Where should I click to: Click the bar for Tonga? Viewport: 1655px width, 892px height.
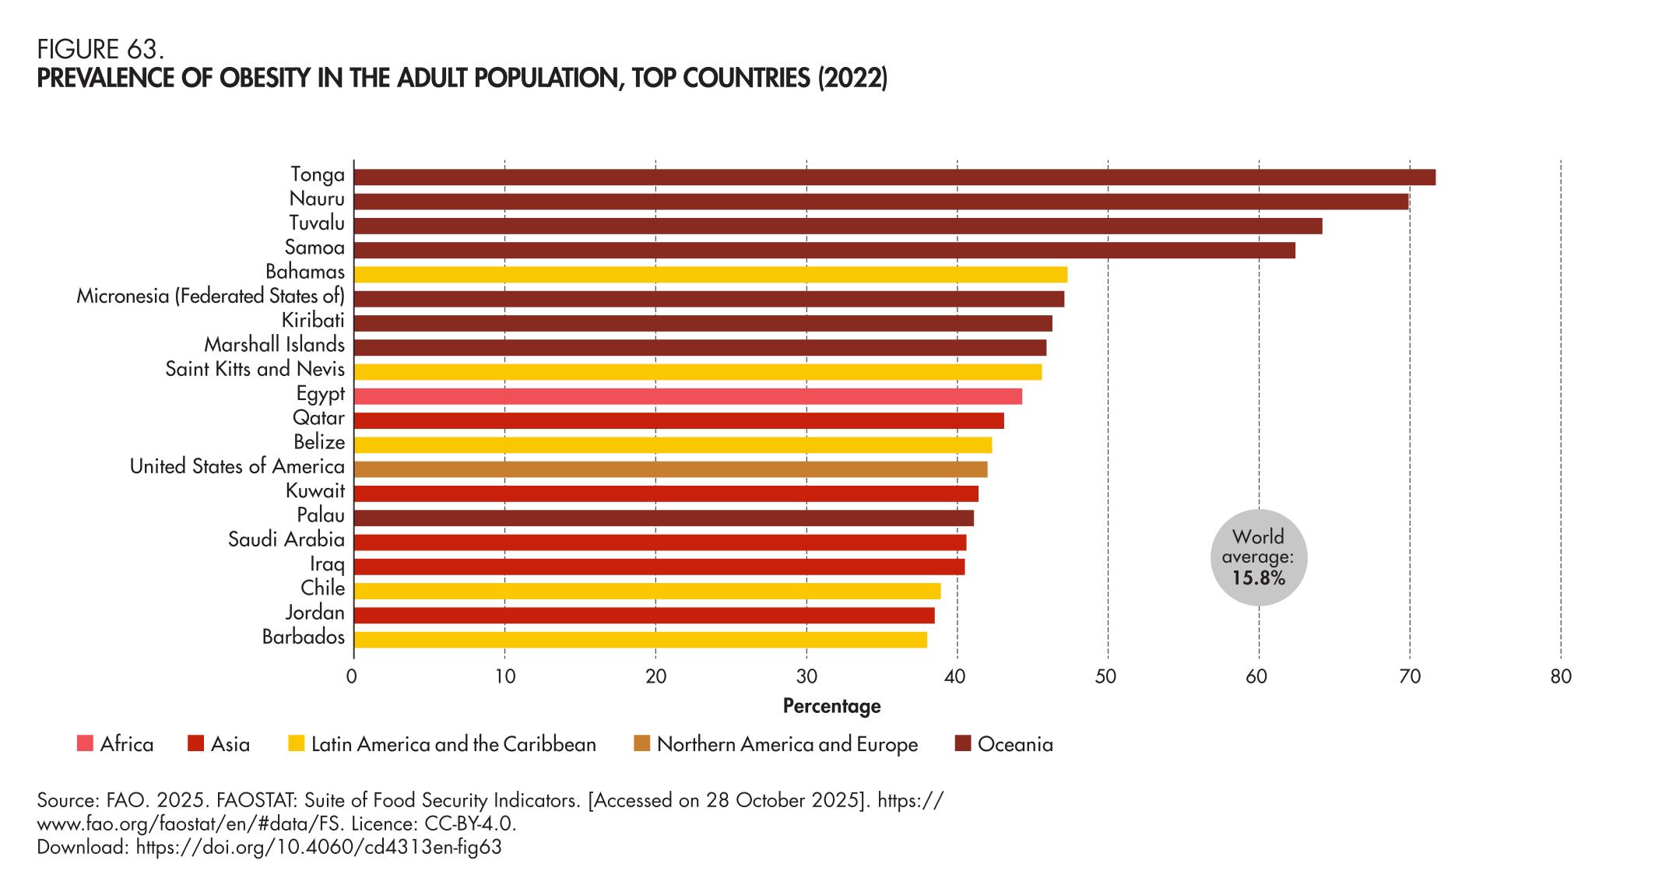(894, 177)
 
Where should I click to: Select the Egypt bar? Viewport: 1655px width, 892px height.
(687, 396)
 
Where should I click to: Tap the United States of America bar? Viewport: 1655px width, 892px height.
(670, 469)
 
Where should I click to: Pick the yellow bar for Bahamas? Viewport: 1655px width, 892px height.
(710, 275)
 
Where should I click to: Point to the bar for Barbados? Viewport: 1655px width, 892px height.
(640, 640)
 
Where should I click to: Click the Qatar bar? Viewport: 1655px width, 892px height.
(678, 421)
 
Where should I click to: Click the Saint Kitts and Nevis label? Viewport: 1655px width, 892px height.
(255, 369)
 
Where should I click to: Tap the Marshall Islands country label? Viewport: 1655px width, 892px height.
(274, 345)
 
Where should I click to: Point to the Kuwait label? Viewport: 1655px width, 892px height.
(314, 491)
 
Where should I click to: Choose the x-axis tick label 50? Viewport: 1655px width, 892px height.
(1107, 677)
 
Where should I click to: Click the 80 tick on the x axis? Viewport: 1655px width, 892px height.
(1560, 677)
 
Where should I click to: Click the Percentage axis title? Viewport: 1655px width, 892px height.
(831, 706)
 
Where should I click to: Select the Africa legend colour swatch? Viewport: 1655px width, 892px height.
(85, 744)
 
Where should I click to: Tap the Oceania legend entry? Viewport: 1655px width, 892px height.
(1014, 745)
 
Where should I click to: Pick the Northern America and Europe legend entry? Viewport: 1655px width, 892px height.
(786, 745)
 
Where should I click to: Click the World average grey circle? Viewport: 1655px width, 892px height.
(1258, 557)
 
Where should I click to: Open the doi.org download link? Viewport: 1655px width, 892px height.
(318, 848)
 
